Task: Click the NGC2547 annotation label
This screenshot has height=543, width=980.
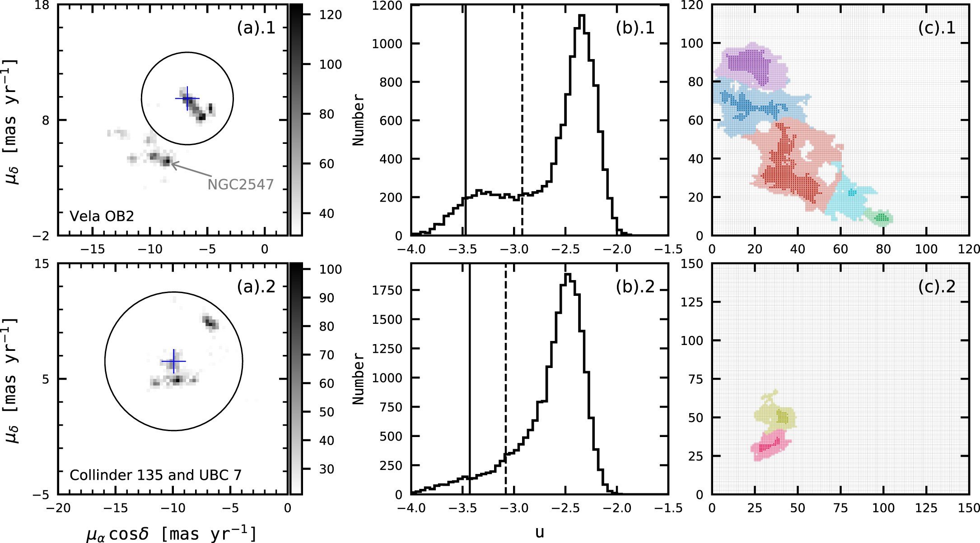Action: (x=240, y=184)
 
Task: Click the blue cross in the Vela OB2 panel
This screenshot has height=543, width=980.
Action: (x=187, y=98)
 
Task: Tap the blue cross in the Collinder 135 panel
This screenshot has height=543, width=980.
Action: (x=174, y=361)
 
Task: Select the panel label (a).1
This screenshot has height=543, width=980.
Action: (x=256, y=28)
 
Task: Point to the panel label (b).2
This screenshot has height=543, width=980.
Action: (x=635, y=286)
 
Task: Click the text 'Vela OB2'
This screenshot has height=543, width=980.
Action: (x=102, y=216)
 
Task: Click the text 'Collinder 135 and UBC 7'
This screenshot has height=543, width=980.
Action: (x=155, y=475)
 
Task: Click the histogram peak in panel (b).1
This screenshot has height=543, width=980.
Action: (x=582, y=16)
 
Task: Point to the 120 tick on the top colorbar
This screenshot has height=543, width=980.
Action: (x=330, y=15)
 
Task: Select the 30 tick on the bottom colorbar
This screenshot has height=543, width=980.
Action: (x=327, y=469)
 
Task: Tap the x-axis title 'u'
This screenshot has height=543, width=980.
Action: (x=539, y=532)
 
